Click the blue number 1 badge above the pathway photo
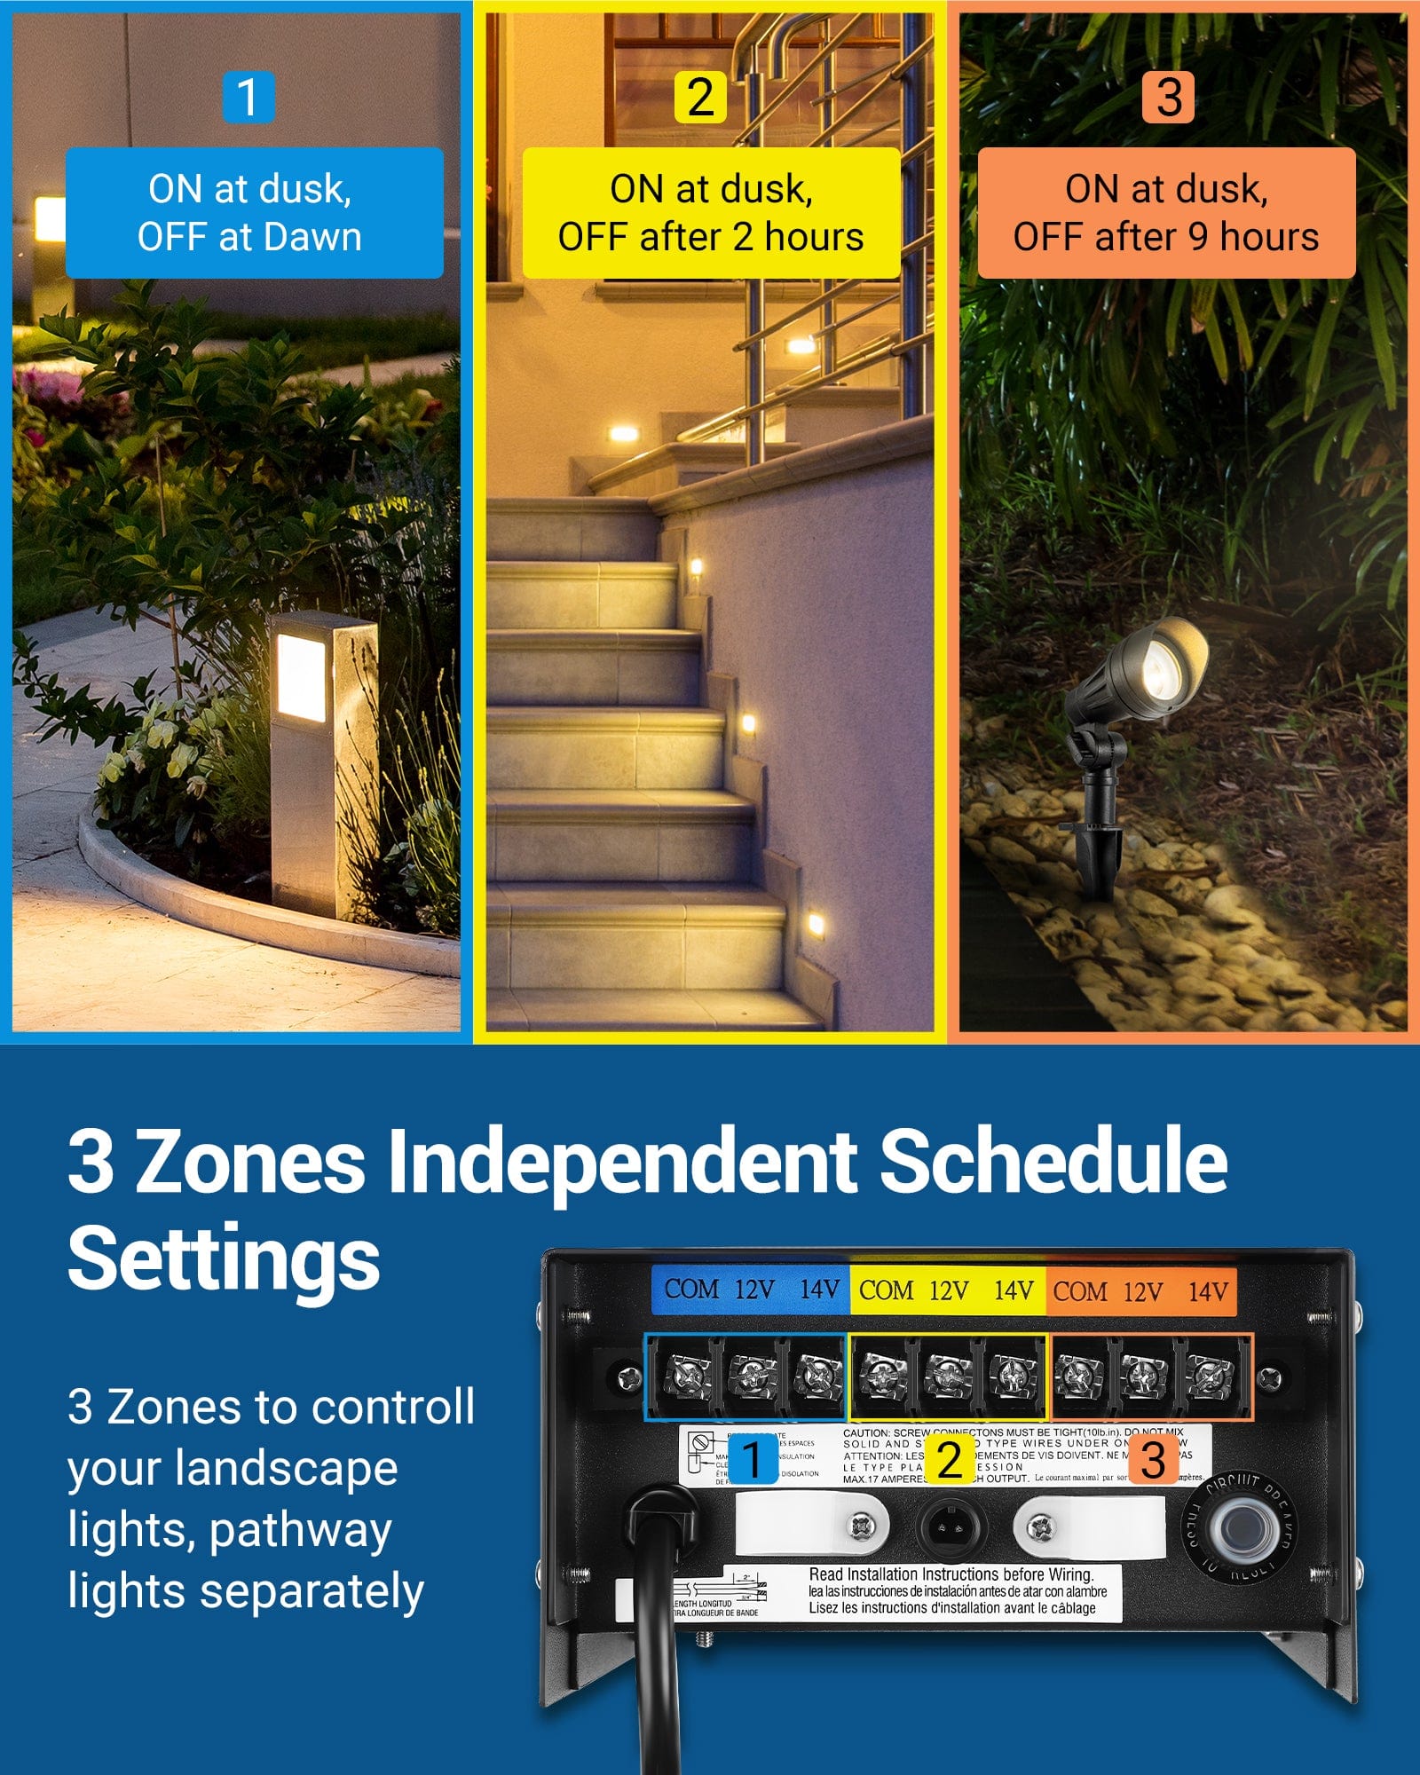[248, 97]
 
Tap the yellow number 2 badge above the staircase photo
[700, 97]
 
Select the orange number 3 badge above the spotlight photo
[1168, 97]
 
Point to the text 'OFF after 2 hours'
[710, 237]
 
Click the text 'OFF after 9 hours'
[1165, 237]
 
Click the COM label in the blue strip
[691, 1289]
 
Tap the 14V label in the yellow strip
[1013, 1290]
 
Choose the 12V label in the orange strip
[1142, 1291]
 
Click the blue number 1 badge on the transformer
[753, 1460]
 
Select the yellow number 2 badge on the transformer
[949, 1460]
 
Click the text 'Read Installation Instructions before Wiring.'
[951, 1574]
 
